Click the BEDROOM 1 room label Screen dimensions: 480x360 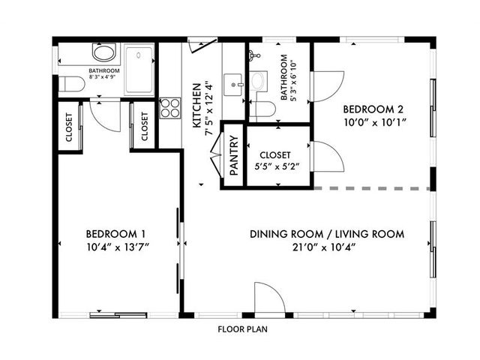[x=115, y=234]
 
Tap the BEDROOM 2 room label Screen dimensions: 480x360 [x=373, y=109]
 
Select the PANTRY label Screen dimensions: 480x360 [x=234, y=155]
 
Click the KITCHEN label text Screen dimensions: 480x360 [x=196, y=106]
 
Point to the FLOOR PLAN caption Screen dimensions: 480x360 [x=242, y=329]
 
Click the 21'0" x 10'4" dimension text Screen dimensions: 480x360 [x=324, y=247]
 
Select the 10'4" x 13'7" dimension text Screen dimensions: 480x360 [x=118, y=247]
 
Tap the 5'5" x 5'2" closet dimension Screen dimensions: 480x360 [x=277, y=166]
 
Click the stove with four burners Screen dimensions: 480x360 [x=170, y=108]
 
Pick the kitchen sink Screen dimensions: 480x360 [x=233, y=85]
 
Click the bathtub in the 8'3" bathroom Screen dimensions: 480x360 [x=139, y=70]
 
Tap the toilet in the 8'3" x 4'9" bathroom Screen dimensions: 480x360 [x=72, y=84]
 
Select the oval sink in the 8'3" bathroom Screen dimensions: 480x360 [x=104, y=52]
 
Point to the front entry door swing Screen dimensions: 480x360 [x=269, y=298]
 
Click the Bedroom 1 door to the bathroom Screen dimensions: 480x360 [x=105, y=116]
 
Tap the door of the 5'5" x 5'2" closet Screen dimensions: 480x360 [x=328, y=156]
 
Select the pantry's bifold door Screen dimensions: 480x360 [x=216, y=155]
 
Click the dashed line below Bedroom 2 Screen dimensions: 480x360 [x=372, y=188]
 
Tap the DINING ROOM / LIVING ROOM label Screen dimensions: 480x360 [x=327, y=234]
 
